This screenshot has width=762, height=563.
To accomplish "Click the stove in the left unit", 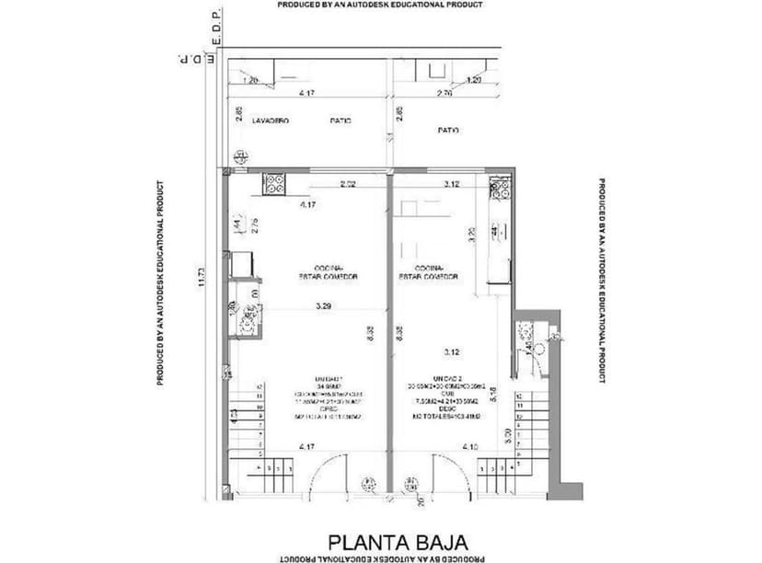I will (275, 185).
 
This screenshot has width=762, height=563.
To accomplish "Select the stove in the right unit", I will (500, 190).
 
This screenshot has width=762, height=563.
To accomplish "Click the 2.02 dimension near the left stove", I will (348, 185).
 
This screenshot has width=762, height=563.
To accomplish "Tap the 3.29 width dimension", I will (324, 304).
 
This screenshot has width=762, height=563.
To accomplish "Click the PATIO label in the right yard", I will (448, 131).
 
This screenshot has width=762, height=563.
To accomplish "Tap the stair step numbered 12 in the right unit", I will (521, 396).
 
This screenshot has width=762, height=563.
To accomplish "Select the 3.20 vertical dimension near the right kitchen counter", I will (471, 235).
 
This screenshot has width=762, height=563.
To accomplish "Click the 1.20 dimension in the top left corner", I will (248, 81).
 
